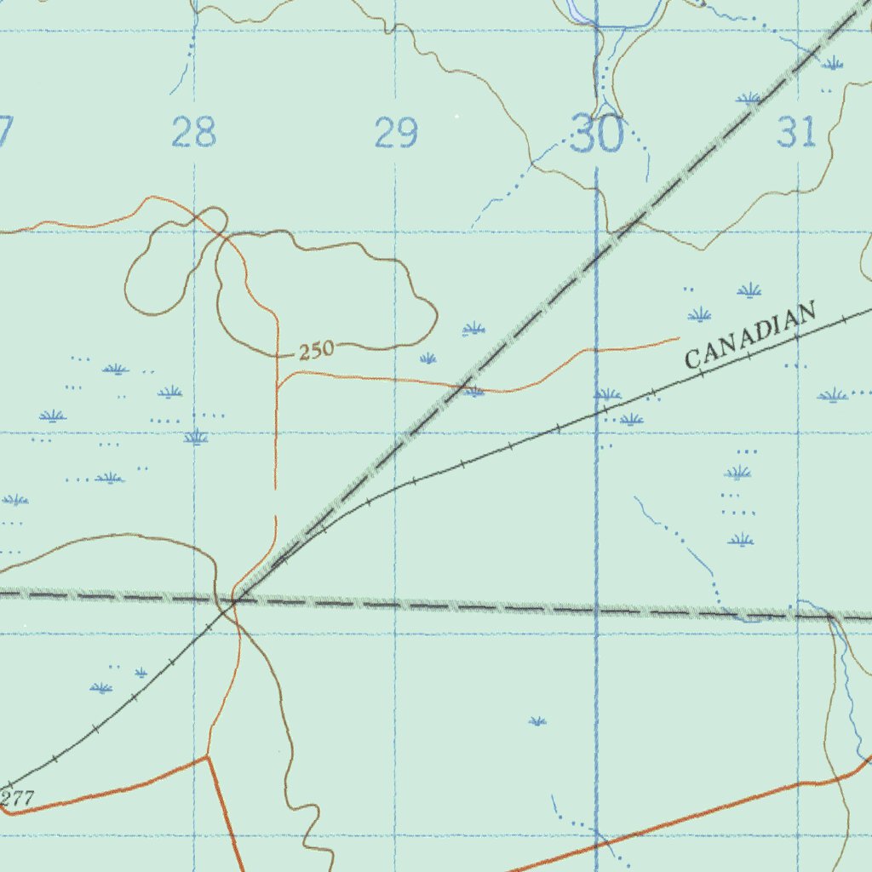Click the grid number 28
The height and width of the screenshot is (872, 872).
pyautogui.click(x=194, y=134)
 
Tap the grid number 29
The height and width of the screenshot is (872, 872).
pyautogui.click(x=397, y=134)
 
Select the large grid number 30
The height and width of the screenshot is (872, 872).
pyautogui.click(x=596, y=135)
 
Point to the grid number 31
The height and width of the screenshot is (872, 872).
pyautogui.click(x=797, y=133)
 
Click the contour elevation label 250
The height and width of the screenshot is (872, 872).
pyautogui.click(x=316, y=351)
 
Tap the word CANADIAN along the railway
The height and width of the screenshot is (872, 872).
pyautogui.click(x=750, y=336)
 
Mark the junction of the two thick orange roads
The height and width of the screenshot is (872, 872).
pyautogui.click(x=207, y=756)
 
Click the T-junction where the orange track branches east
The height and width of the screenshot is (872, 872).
pyautogui.click(x=277, y=387)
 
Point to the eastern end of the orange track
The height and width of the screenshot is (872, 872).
pyautogui.click(x=680, y=339)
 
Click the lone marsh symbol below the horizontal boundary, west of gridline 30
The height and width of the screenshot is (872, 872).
pyautogui.click(x=537, y=722)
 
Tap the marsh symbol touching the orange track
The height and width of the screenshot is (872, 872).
pyautogui.click(x=474, y=392)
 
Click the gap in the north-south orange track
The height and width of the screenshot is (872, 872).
pyautogui.click(x=276, y=502)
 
